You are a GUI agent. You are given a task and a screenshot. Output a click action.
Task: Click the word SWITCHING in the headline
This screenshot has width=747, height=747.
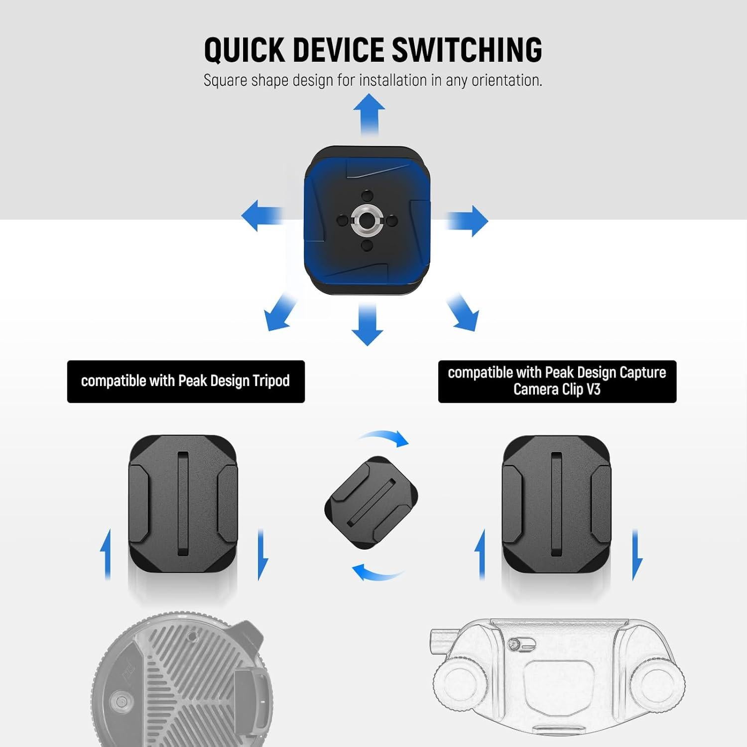pos(467,50)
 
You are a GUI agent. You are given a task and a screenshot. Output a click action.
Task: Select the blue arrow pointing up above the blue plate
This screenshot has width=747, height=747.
pos(369,114)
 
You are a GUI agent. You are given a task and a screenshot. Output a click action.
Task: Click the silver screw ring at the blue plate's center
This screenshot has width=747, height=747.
pos(365,220)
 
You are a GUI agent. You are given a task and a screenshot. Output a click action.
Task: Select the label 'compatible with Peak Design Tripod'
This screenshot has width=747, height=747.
pos(186,381)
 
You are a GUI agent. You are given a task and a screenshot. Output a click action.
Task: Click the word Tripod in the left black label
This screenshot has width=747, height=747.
pos(271,381)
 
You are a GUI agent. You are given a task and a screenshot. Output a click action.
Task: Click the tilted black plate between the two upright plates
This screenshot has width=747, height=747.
pos(371,503)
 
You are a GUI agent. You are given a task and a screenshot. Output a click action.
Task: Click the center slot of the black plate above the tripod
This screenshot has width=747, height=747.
pos(183,503)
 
